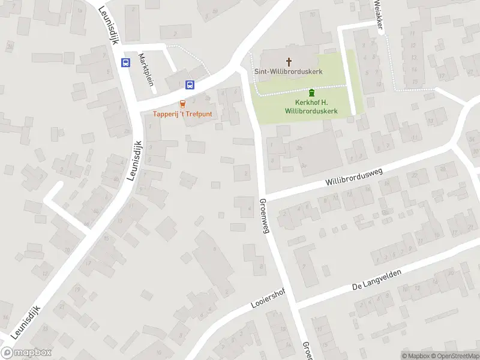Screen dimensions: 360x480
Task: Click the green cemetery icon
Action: tap(311, 93)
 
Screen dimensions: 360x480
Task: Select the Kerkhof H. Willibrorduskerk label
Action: tap(311, 107)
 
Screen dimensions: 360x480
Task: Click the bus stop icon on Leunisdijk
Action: tap(125, 62)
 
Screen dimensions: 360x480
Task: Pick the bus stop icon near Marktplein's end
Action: tap(190, 85)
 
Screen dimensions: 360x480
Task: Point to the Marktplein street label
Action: tap(146, 69)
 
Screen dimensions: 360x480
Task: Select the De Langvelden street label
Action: tap(376, 279)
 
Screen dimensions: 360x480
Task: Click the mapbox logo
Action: tap(26, 353)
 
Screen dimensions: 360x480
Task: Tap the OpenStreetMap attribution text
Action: tap(454, 356)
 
